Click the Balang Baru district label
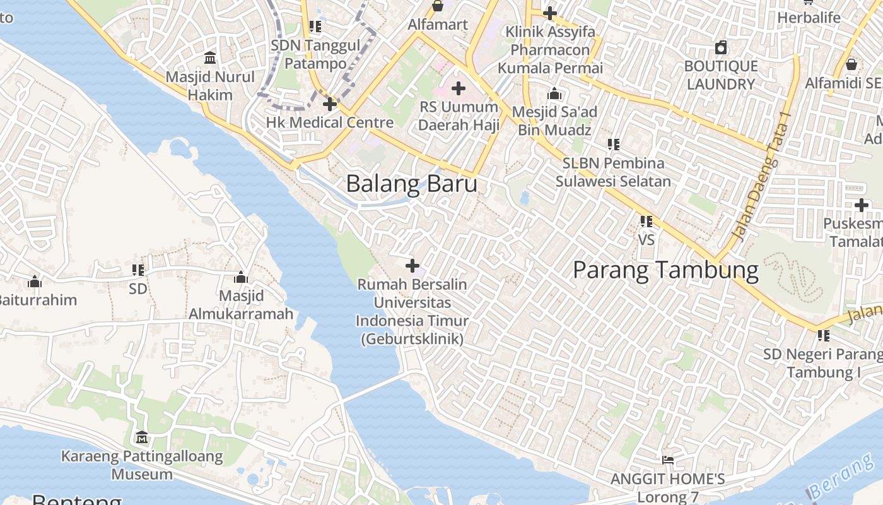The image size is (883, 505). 411,184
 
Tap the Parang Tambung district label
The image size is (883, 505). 665,270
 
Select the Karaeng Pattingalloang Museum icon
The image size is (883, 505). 142,437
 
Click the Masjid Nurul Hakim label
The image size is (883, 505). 210,86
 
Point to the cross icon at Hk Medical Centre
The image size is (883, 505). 329,104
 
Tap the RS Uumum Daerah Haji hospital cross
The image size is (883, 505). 459,88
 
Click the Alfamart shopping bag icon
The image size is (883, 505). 437,6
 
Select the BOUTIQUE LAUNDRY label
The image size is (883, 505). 721,75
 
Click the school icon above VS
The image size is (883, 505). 646,222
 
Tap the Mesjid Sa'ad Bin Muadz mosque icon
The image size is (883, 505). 554,94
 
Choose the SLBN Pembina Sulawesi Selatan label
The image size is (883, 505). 613,172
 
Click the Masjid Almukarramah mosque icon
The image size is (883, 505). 240,278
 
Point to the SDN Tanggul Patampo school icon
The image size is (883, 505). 315,27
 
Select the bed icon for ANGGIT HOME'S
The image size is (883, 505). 668,460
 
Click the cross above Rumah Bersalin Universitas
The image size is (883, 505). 412,266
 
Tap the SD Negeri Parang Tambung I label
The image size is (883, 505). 823,363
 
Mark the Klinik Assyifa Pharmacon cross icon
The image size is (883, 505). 549,13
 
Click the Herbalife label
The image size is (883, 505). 809,18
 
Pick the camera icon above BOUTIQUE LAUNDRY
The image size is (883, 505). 721,47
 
